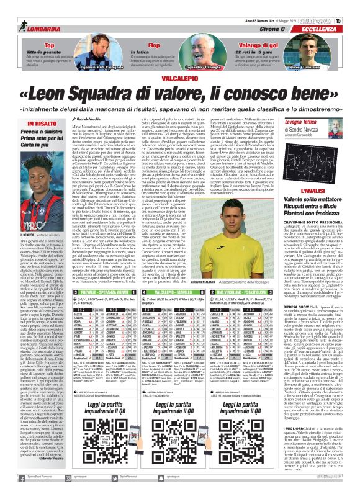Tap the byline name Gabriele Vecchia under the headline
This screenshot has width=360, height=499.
point(78,135)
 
